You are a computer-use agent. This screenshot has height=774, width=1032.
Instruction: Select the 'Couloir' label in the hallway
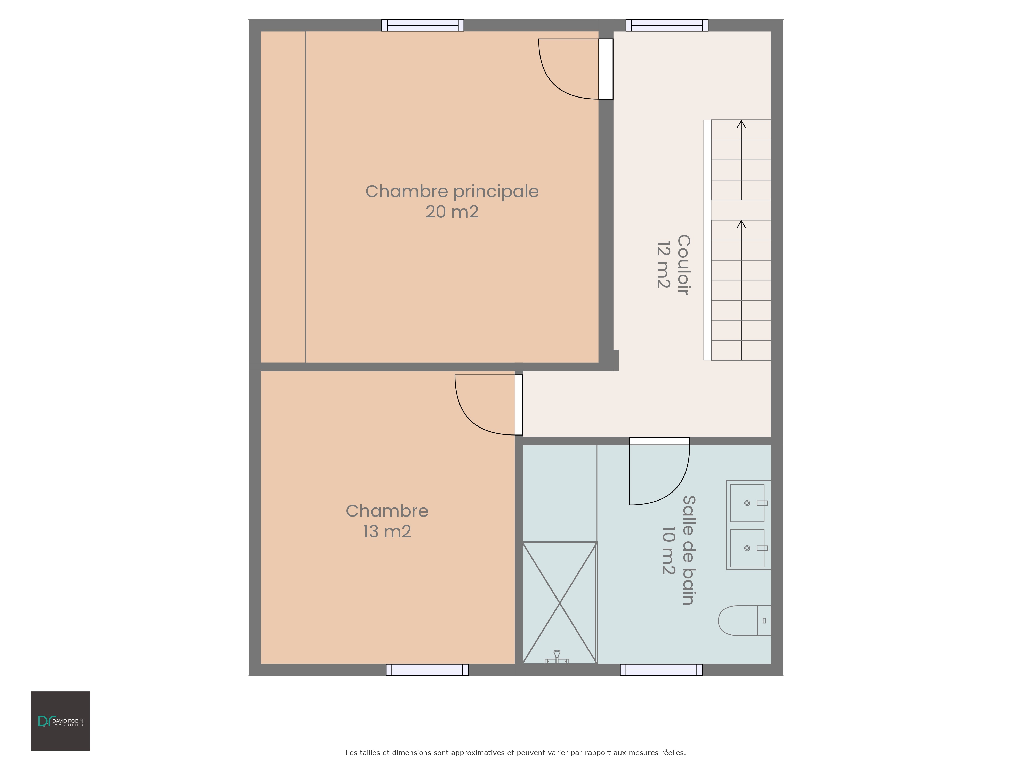coord(683,264)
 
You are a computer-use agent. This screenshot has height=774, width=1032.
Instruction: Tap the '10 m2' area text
coord(668,551)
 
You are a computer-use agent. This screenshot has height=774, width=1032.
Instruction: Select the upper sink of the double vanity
coord(747,503)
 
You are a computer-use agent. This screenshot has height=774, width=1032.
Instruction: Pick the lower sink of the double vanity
coord(747,548)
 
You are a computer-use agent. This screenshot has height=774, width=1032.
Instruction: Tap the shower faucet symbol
coord(557,657)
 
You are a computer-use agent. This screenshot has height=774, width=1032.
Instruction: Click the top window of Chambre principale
coord(423,25)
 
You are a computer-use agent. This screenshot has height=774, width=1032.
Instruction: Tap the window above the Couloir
coord(667,25)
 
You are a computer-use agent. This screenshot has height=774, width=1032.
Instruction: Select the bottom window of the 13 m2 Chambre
coord(427,670)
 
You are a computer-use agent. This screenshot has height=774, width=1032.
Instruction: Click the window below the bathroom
coord(661,670)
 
